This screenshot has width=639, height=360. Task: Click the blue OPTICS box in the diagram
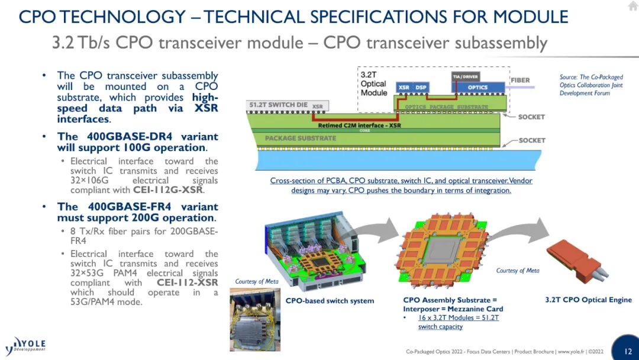477,87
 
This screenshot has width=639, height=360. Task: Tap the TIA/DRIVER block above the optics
466,76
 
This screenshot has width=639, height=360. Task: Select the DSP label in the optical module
421,87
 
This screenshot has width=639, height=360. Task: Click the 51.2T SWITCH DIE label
278,105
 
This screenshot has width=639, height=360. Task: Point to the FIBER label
521,81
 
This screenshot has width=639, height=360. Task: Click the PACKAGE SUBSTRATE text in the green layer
301,138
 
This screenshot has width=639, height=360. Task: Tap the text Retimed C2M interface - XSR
359,126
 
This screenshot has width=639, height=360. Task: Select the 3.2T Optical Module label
374,83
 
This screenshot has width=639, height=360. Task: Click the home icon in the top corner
633,6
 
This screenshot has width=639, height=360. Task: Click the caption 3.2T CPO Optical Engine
589,300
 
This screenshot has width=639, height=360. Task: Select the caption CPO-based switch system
330,301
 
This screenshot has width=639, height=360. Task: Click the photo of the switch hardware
255,319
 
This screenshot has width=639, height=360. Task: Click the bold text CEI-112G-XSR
167,190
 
